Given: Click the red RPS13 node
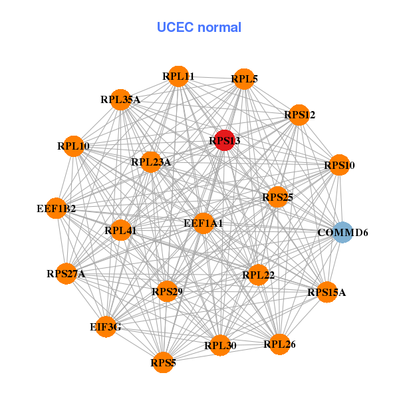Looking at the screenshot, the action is click(225, 140).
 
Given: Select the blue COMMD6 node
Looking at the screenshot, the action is click(342, 232).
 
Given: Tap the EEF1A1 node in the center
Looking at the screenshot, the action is click(203, 223).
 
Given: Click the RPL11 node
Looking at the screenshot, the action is click(178, 76).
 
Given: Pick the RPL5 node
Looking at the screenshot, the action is click(244, 79).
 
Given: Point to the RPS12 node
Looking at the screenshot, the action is click(299, 115).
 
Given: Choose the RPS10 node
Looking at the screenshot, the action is click(339, 165).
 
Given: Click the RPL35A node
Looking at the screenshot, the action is click(120, 100).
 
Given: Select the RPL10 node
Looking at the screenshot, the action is click(73, 146).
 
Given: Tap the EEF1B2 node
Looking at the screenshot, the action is click(57, 209).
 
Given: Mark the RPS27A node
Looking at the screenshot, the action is click(66, 273).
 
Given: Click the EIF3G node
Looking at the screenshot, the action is click(106, 327).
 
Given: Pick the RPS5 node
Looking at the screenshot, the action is click(164, 362).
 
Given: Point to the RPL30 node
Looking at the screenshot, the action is click(220, 345).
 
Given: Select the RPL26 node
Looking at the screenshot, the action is click(279, 344).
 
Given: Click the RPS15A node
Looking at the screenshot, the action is click(327, 292).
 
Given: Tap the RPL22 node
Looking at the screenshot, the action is click(259, 275).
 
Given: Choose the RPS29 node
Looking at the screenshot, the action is click(167, 291).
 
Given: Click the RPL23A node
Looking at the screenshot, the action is click(151, 162).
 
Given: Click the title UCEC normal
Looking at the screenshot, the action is click(199, 27).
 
